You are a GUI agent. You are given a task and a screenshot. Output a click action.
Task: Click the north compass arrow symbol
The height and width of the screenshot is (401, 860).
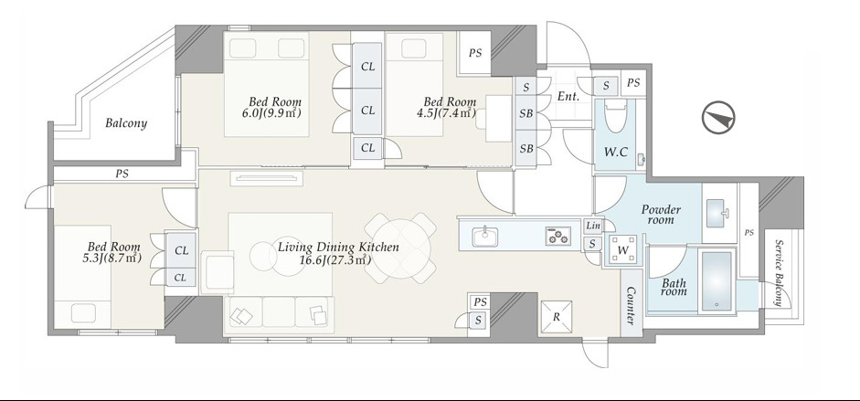pos(718,118)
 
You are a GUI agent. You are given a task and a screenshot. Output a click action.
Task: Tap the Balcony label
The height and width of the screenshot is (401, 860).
pos(126,122)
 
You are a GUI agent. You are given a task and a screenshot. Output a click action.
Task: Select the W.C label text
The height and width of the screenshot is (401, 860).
pos(615,153)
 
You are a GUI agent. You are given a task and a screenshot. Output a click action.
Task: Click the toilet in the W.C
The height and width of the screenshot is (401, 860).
pos(615,114)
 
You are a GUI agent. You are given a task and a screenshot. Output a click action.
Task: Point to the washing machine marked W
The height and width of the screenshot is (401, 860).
pos(623,249)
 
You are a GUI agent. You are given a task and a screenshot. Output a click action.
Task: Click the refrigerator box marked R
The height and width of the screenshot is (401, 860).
pos(557,317)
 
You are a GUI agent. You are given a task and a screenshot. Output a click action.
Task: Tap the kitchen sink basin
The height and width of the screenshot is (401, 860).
pos(485,237)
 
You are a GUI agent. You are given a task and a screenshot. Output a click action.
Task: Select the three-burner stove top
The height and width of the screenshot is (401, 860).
pos(557,236)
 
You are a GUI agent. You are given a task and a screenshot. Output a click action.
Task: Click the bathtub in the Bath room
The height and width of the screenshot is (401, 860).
pos(716,281)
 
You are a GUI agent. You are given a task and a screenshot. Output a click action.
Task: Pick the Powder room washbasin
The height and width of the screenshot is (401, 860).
pos(718,213)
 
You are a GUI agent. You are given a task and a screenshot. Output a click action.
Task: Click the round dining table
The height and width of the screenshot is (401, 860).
pos(400,248)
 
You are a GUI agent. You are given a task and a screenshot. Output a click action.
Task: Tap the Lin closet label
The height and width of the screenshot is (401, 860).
pos(593,226)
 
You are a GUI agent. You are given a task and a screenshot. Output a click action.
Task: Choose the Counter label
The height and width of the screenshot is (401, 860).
pos(631,306)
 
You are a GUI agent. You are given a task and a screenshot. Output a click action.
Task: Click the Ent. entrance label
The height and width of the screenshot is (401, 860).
pos(568,97)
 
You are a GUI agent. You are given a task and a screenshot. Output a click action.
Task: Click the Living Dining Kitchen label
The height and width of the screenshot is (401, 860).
pos(338,247)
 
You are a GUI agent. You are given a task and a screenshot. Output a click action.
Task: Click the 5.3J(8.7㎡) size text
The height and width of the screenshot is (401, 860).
pos(111,258)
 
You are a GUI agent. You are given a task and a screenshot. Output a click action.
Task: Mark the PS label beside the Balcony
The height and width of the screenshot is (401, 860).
pos(122,174)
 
